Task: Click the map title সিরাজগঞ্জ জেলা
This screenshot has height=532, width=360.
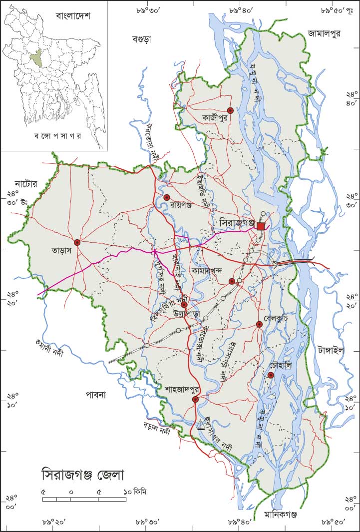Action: (82, 473)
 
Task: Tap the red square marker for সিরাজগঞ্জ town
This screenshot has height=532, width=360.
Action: (261, 226)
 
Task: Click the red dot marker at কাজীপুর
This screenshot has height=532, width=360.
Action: (230, 110)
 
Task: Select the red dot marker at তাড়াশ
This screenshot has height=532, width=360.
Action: (77, 242)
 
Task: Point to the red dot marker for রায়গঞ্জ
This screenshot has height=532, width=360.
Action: (167, 197)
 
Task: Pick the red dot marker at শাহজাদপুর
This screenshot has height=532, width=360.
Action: (195, 399)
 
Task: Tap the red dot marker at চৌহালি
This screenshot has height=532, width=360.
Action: (271, 375)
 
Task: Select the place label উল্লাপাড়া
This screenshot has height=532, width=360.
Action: (186, 313)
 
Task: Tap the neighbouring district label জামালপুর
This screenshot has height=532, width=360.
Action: (324, 34)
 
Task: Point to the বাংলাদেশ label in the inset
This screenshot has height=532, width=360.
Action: (72, 16)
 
